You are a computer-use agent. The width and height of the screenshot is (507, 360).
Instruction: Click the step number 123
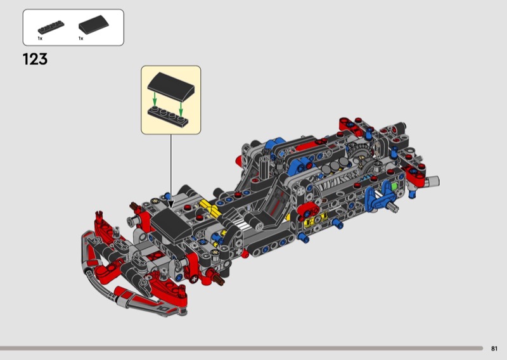(35, 59)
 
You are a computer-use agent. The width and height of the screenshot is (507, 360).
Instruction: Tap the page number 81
(494, 349)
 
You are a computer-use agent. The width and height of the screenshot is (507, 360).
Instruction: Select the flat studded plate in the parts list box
(51, 27)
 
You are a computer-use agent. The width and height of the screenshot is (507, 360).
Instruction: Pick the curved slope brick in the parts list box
(93, 25)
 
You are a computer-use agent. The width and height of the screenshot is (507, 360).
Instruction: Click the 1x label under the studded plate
(40, 38)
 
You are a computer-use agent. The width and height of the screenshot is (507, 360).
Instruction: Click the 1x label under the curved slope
(81, 38)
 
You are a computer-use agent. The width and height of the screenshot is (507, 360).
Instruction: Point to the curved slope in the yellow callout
(171, 85)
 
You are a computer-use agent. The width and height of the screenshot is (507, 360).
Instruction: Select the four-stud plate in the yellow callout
(168, 117)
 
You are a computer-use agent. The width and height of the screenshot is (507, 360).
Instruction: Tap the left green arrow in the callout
(155, 100)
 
